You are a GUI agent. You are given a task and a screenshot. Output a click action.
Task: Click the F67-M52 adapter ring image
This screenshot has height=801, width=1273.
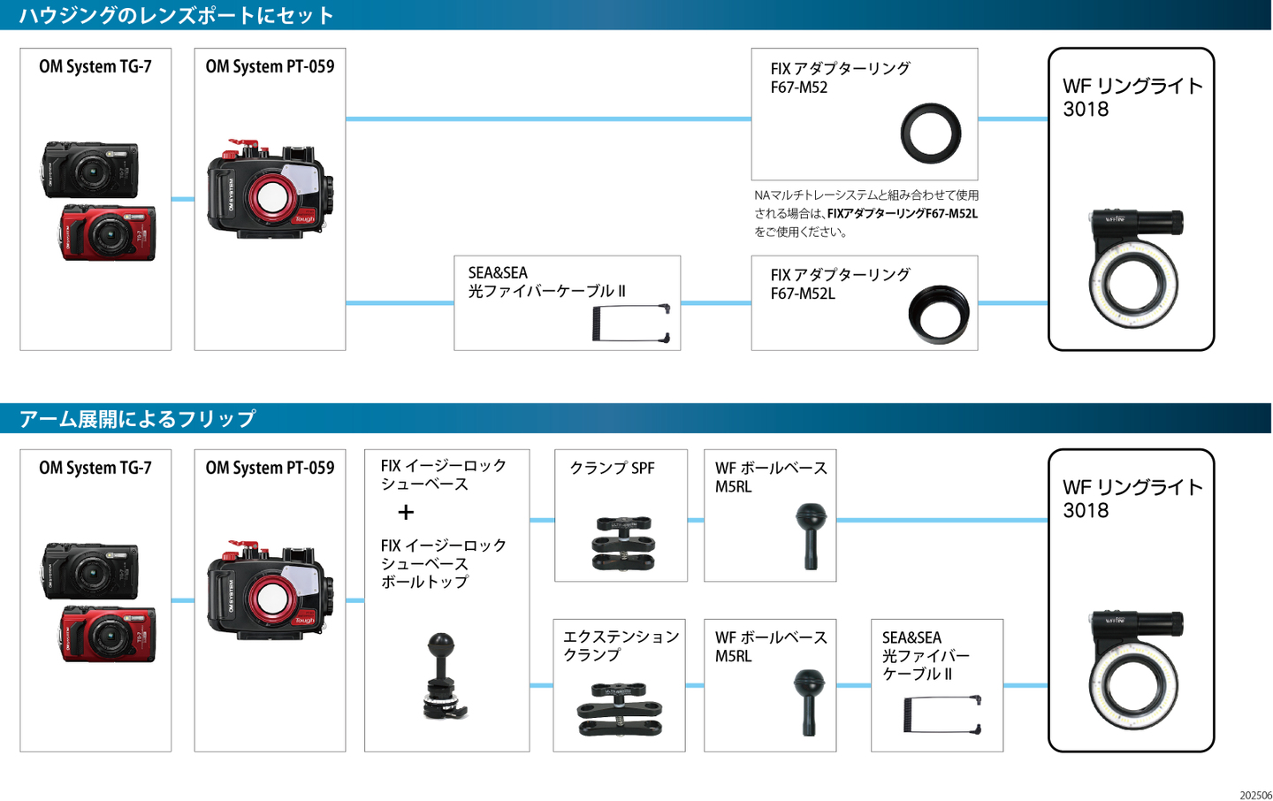(x=930, y=133)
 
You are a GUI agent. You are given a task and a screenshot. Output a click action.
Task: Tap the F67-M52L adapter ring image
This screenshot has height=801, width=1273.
(x=939, y=314)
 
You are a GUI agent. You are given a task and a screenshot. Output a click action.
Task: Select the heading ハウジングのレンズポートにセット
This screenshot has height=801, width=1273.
(x=177, y=15)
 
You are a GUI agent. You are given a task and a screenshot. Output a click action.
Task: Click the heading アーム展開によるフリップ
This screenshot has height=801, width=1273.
(x=138, y=418)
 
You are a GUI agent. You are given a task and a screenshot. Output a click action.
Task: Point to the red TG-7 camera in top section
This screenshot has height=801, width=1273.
(x=108, y=233)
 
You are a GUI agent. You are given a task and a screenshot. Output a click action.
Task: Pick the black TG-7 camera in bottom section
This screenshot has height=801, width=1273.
(x=90, y=571)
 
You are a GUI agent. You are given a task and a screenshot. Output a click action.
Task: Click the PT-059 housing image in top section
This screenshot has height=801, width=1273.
(x=270, y=190)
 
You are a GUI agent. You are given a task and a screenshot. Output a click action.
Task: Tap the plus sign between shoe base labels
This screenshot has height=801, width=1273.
(x=406, y=512)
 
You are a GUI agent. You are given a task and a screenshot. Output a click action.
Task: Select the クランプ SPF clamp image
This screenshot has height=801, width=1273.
(x=623, y=542)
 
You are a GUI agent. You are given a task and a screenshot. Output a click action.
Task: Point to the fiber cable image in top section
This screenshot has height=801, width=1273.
(x=630, y=323)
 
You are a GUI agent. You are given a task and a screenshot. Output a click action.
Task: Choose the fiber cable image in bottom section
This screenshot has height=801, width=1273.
(x=941, y=714)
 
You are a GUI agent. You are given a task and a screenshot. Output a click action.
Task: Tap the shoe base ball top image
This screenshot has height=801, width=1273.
(x=443, y=675)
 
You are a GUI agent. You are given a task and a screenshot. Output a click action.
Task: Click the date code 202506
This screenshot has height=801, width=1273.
(x=1255, y=795)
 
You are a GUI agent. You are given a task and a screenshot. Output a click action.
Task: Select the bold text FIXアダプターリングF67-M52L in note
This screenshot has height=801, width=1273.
(x=902, y=213)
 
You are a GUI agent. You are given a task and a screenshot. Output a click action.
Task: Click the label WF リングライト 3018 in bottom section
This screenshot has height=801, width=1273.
(x=1132, y=499)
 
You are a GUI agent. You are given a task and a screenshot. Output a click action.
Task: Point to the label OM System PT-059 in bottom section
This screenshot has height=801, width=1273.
(x=270, y=468)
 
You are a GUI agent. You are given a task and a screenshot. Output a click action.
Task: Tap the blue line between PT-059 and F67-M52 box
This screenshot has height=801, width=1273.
(x=548, y=118)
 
